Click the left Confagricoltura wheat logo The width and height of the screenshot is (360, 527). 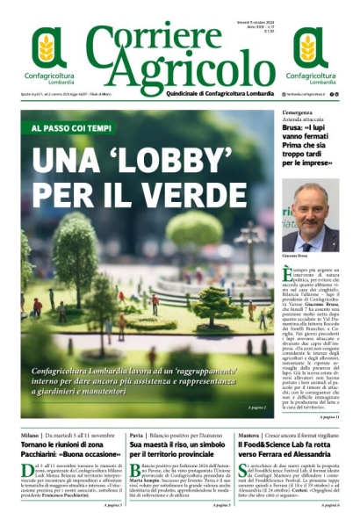coord(49,52)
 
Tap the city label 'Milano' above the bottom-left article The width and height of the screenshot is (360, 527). coord(31,435)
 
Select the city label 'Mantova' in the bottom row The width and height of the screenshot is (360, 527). coord(250,435)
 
